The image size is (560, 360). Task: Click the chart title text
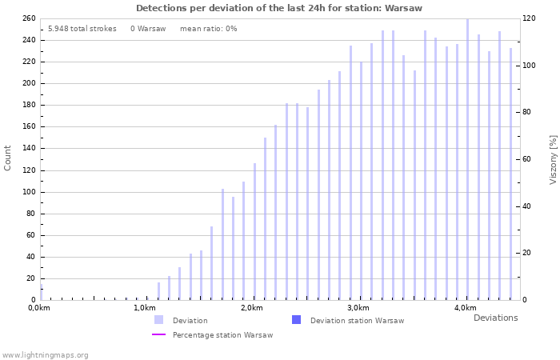click(x=278, y=8)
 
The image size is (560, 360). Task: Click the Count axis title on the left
click(x=8, y=158)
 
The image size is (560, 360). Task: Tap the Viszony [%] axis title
click(x=552, y=159)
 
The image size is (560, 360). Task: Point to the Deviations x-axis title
click(x=495, y=318)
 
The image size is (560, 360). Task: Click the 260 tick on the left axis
click(x=28, y=18)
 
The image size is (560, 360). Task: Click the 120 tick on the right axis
click(x=529, y=18)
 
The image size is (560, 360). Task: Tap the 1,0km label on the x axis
click(x=144, y=308)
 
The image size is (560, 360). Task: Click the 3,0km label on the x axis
click(x=358, y=308)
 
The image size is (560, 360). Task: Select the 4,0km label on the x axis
click(x=465, y=308)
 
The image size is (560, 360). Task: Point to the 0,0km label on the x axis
click(x=39, y=308)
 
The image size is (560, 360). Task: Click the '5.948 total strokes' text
click(x=82, y=29)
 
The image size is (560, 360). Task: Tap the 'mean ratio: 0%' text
click(x=208, y=29)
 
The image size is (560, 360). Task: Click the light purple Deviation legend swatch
click(x=159, y=320)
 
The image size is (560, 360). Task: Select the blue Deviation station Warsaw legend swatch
click(x=297, y=320)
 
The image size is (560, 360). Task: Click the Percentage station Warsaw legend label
click(x=222, y=335)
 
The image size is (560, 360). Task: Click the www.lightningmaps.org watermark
click(x=46, y=354)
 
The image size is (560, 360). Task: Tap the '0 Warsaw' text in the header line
click(x=148, y=29)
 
